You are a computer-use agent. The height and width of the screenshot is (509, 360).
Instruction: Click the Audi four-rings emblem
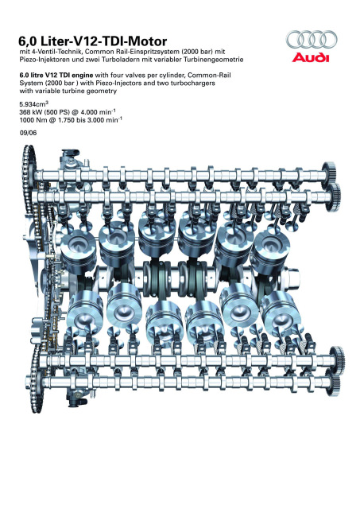(312, 39)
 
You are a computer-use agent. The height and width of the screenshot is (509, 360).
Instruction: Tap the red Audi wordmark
(311, 57)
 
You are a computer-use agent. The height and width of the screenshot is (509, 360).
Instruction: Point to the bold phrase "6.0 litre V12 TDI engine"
(56, 75)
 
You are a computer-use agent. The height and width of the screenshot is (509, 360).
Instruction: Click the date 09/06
(28, 133)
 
